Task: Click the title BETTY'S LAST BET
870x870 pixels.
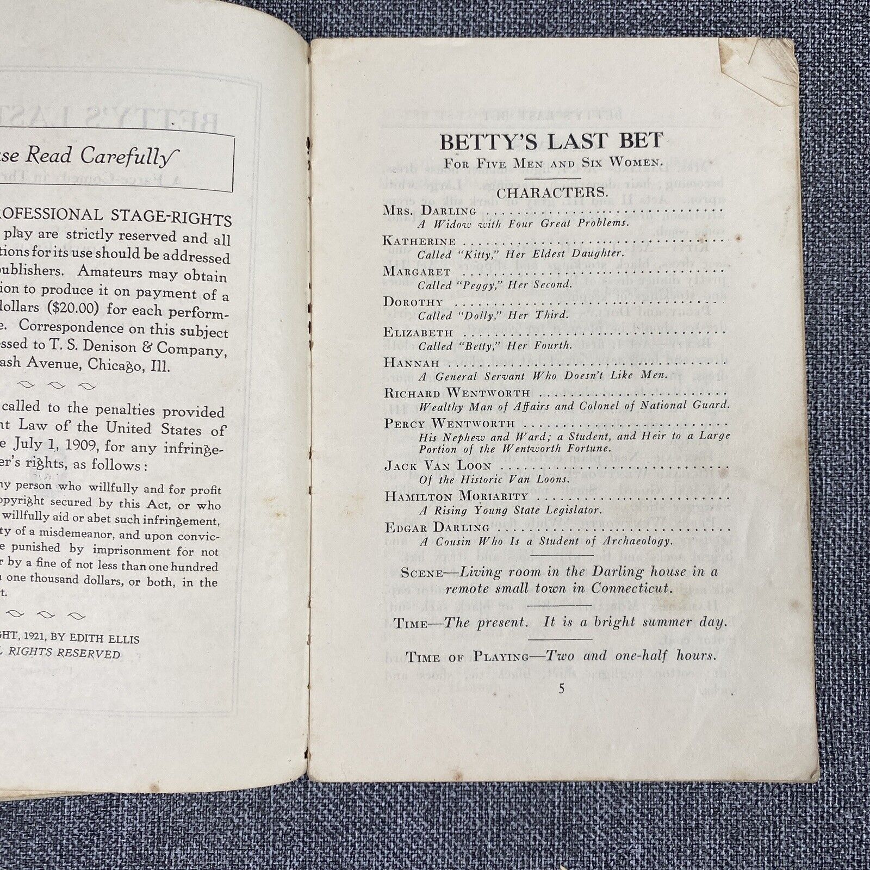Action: click(x=551, y=141)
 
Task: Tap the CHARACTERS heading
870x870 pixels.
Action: click(x=551, y=192)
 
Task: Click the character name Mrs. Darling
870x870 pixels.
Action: click(x=430, y=210)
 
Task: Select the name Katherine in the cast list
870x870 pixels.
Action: click(x=419, y=240)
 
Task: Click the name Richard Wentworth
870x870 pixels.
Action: click(x=457, y=393)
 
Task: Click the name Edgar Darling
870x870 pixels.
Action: click(x=438, y=527)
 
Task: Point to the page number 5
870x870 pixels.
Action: click(x=562, y=688)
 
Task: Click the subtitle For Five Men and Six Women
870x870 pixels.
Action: click(x=552, y=163)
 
